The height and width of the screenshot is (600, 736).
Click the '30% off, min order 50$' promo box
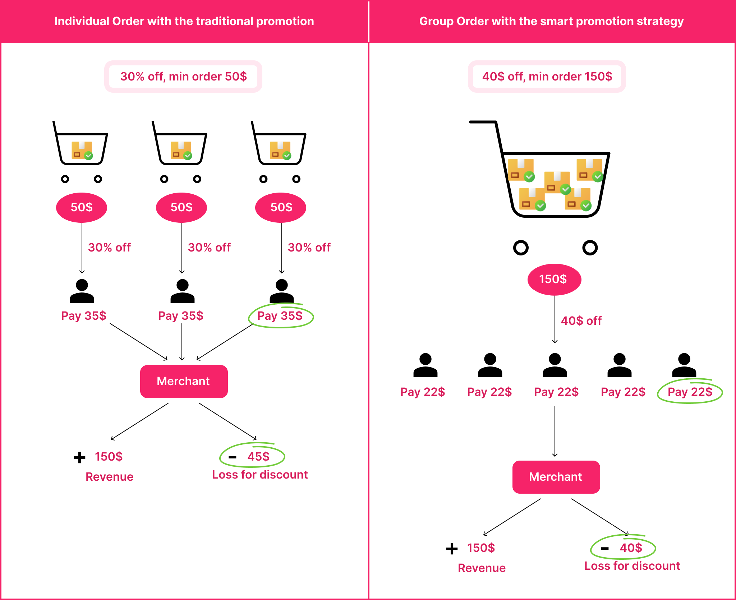(x=183, y=77)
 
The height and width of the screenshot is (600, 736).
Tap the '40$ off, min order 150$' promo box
(x=547, y=77)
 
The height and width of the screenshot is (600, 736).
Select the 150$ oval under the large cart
(x=554, y=279)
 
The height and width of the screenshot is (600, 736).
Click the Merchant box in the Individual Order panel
(x=184, y=381)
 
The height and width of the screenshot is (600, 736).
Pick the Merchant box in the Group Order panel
(x=556, y=477)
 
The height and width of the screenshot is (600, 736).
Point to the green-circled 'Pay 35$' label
(x=280, y=316)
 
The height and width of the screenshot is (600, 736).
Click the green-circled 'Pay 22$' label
(x=690, y=392)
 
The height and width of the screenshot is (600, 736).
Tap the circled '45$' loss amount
(x=258, y=456)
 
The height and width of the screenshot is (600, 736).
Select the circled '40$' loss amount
(x=630, y=548)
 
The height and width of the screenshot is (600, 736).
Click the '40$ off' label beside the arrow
(x=581, y=320)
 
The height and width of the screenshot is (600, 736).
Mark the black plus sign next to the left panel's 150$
(x=79, y=457)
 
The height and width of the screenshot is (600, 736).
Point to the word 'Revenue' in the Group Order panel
(x=482, y=568)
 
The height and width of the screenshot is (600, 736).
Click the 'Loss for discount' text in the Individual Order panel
(x=260, y=475)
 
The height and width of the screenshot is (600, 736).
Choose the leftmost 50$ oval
(x=82, y=207)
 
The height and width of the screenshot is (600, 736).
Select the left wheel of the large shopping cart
(x=521, y=248)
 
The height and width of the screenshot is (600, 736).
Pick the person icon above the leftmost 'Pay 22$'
(x=425, y=365)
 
